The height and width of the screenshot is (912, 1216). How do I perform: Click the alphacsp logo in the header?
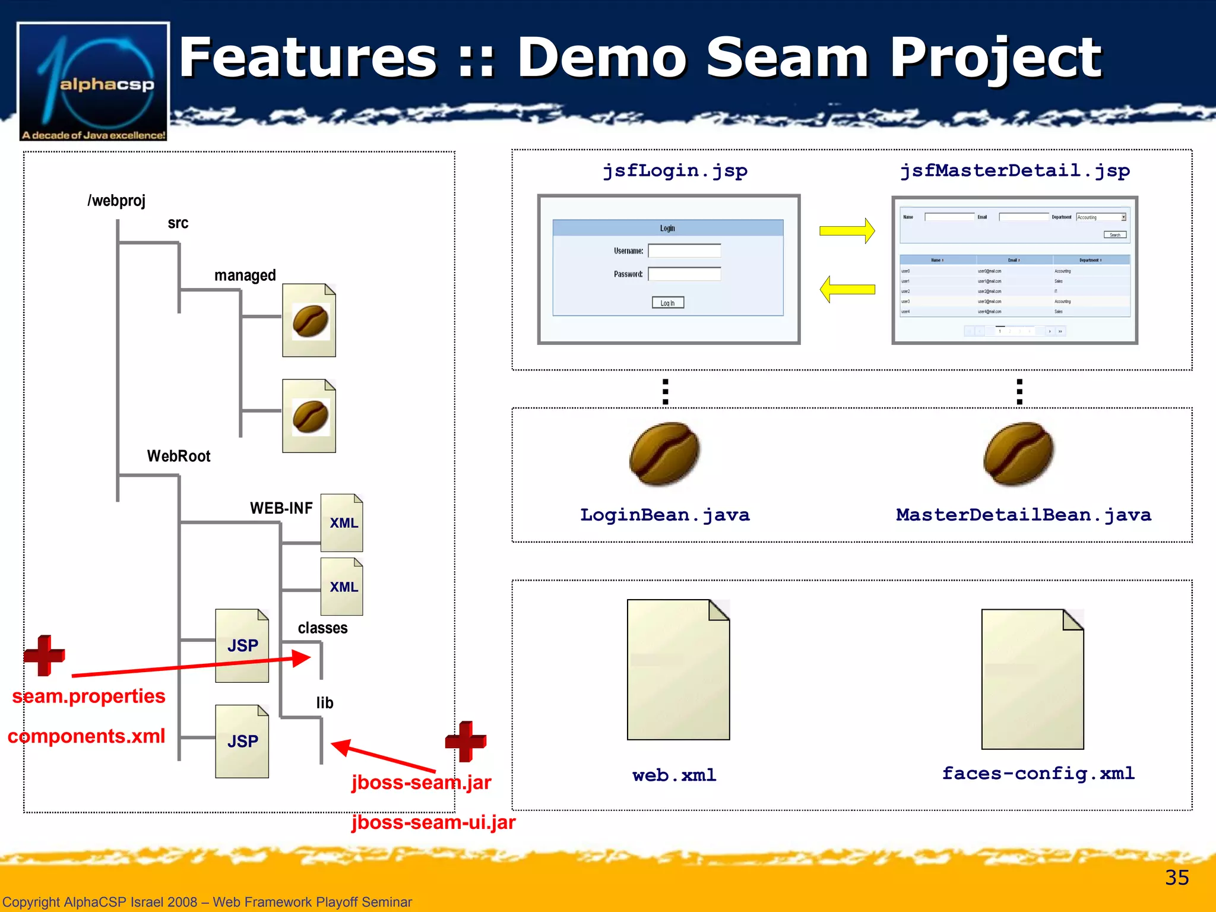(x=93, y=82)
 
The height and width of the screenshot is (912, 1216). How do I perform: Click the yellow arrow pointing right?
(x=847, y=231)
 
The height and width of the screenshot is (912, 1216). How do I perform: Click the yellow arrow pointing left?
(x=847, y=290)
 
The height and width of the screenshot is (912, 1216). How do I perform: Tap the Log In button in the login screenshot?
(x=667, y=303)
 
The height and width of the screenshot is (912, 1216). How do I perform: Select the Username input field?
(x=684, y=251)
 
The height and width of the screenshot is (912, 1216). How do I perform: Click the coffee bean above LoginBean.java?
(x=664, y=454)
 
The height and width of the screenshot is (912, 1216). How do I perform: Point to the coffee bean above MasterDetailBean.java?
(x=1018, y=454)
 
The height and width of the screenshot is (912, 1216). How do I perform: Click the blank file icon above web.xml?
(x=678, y=670)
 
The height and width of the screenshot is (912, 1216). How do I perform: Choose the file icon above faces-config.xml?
(x=1032, y=679)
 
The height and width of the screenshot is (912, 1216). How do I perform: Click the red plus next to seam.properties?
(x=44, y=655)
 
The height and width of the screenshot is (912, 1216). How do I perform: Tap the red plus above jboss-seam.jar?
(x=465, y=741)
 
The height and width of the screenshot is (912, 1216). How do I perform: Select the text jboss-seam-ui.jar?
(x=433, y=822)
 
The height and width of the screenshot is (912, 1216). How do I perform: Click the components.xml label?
(x=86, y=736)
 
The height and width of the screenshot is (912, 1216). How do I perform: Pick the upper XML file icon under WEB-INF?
(x=341, y=523)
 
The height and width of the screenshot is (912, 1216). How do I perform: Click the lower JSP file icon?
(x=242, y=742)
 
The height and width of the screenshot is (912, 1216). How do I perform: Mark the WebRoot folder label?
(x=179, y=456)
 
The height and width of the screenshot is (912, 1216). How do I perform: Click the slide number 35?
(x=1176, y=878)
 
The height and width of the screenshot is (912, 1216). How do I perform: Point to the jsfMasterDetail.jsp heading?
(x=1015, y=171)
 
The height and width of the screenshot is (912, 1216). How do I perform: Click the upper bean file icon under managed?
(x=309, y=321)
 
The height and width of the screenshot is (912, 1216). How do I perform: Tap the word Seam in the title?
(x=787, y=58)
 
